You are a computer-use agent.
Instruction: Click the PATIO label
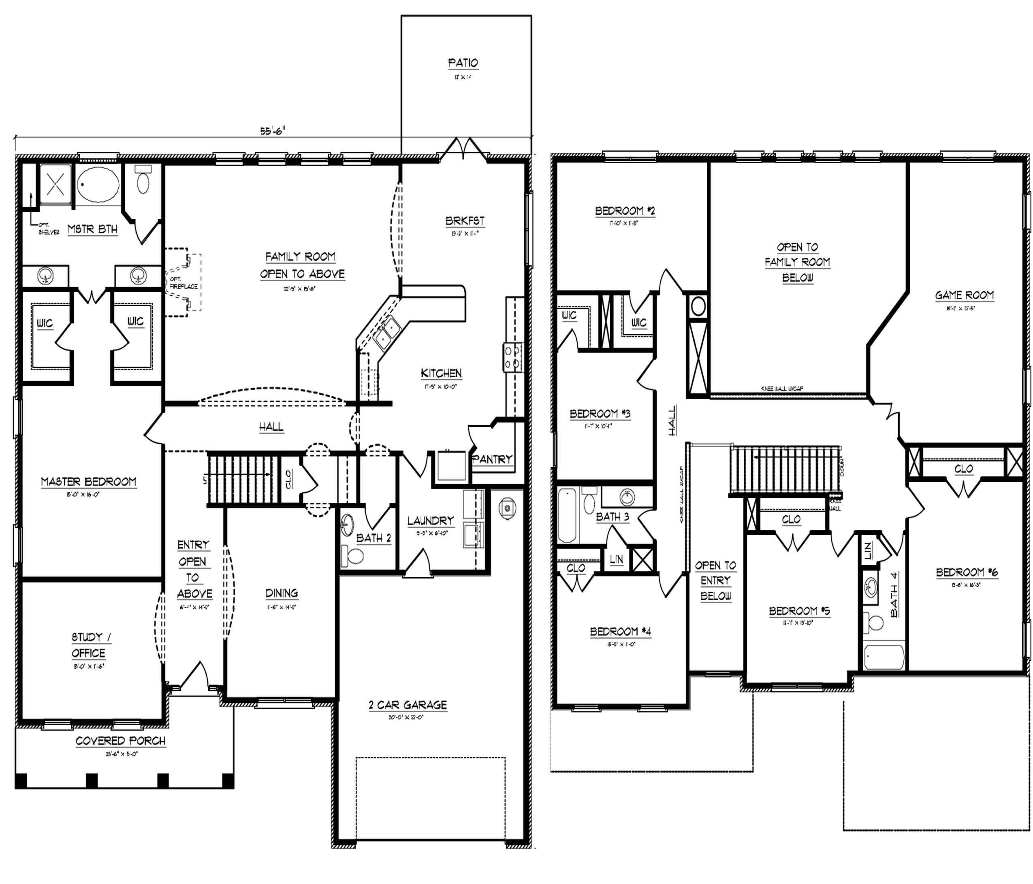pos(463,63)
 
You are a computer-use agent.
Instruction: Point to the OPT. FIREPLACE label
pos(183,283)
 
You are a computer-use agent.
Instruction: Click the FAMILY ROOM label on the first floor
pos(301,257)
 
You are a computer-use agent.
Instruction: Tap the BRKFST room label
pos(465,221)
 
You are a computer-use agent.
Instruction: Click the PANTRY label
pos(492,459)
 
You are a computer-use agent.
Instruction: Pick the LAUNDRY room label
pos(430,521)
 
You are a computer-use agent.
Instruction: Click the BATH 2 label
pos(374,538)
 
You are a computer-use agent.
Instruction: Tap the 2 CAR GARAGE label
pos(407,705)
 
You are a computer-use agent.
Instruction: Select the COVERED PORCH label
pos(120,741)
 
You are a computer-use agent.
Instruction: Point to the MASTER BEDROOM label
pos(88,482)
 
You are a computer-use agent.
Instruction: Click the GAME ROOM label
pos(964,295)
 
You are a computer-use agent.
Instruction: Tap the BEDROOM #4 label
pos(620,632)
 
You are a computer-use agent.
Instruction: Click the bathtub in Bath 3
pos(568,516)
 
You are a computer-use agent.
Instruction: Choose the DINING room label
pos(281,594)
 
